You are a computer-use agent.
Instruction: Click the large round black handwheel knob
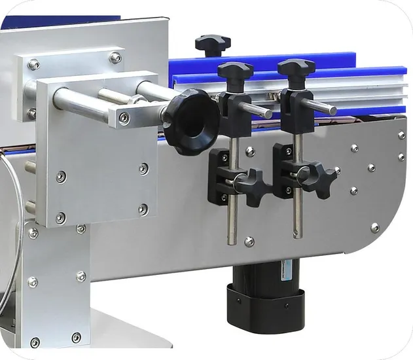point(190,122)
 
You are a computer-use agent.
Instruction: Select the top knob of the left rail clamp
point(235,70)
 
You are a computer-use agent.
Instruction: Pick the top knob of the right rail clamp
point(295,67)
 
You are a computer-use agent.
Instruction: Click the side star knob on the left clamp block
point(251,184)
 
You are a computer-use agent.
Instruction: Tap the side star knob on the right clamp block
point(319,176)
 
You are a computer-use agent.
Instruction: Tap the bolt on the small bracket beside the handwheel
point(124,118)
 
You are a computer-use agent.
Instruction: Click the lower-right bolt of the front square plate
point(143,209)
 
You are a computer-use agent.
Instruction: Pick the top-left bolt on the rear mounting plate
point(33,64)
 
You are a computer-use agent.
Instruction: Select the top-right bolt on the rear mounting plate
point(115,58)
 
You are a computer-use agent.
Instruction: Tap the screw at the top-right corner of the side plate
point(401,135)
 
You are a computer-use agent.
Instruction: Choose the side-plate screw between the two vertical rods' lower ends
point(249,242)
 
